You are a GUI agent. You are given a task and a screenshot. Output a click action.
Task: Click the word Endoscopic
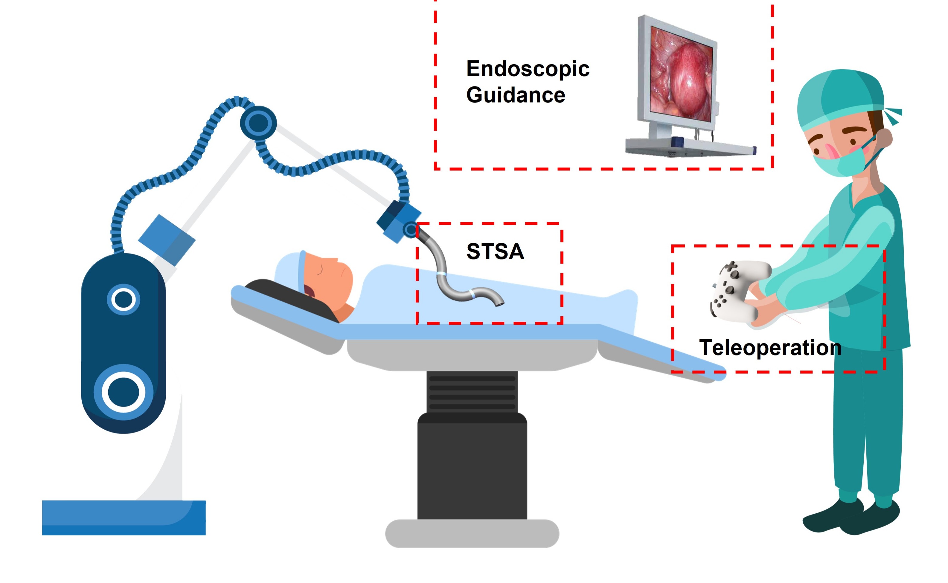point(527,69)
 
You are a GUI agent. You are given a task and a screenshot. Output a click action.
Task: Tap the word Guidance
point(515,95)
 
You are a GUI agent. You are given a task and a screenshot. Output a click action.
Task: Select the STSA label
point(495,251)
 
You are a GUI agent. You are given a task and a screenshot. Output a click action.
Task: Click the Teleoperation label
point(770,347)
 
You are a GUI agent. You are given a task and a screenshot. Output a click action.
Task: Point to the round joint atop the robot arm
point(258,123)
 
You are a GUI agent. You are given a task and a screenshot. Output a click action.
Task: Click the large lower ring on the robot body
point(124,392)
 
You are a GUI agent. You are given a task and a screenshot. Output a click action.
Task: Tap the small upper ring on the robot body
point(124,300)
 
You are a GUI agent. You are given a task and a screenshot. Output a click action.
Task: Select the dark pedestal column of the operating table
point(472,467)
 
